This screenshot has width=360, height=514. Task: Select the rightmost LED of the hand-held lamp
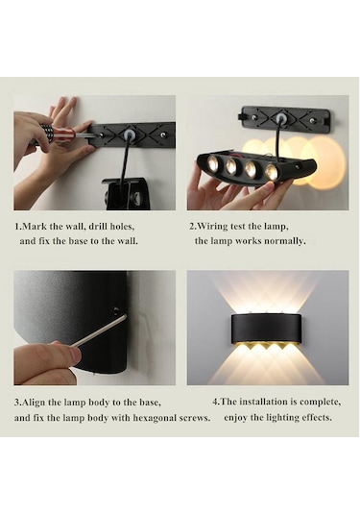[x=272, y=172]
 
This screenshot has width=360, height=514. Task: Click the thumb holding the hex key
[x=58, y=356]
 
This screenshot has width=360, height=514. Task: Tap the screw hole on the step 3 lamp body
[x=117, y=311]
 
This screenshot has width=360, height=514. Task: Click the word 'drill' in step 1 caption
[x=101, y=227]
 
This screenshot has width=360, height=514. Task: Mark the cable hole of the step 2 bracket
[x=280, y=119]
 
